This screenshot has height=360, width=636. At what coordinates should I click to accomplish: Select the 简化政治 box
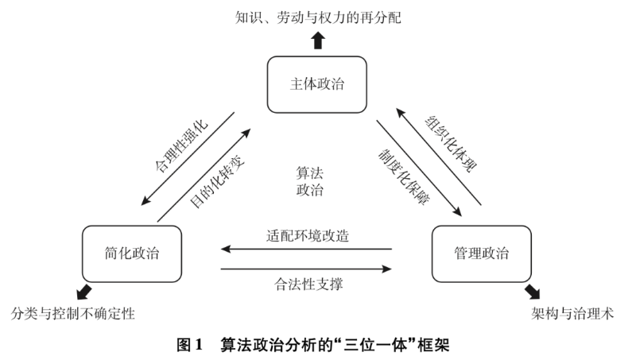point(131,254)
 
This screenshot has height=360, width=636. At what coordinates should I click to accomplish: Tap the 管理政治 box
point(481,254)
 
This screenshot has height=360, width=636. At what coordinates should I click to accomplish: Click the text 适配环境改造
point(308,235)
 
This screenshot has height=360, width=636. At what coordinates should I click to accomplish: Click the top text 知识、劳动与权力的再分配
point(318,15)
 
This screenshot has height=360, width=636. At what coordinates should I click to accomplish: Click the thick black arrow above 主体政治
point(318,39)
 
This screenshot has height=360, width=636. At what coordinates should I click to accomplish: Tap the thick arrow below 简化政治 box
point(82,291)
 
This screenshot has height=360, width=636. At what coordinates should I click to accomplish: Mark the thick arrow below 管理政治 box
point(531,291)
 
